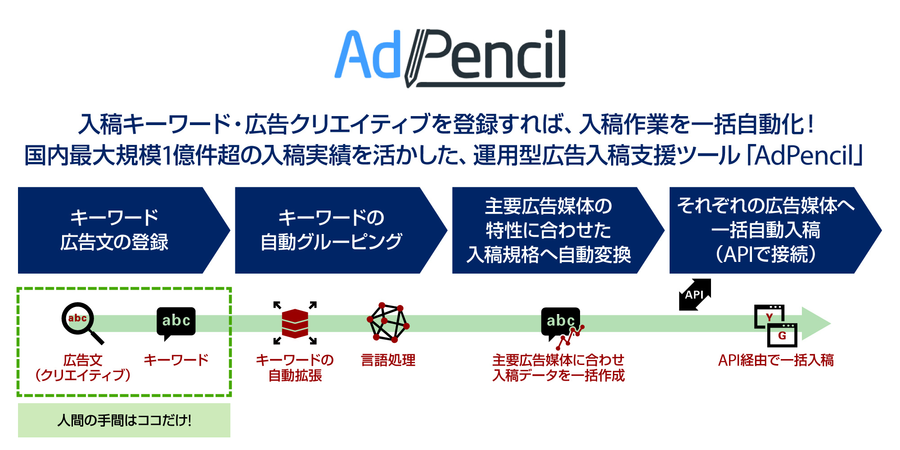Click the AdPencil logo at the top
point(450,58)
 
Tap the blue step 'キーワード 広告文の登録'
point(124,230)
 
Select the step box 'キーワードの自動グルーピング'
point(341,230)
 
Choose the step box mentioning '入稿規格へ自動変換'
point(558,230)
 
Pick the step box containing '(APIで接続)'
point(775,230)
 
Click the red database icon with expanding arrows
point(295,323)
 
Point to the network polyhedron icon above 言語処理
point(388,323)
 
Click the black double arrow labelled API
point(695,295)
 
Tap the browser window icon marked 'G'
point(782,335)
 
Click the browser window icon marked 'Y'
point(769,316)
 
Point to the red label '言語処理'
point(388,360)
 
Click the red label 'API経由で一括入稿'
point(776,360)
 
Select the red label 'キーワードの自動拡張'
point(295,368)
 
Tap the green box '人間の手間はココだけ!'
point(124,420)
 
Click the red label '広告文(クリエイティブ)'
point(83,368)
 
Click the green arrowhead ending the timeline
point(816,324)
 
